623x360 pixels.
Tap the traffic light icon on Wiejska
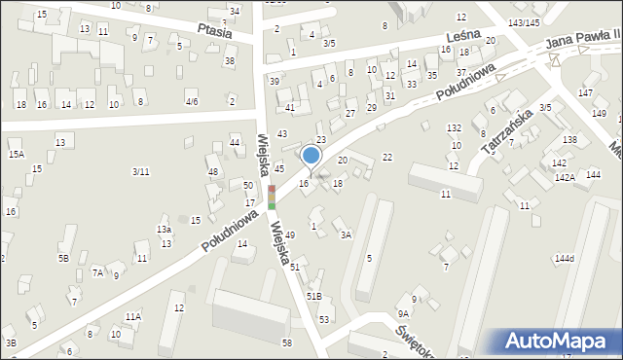tap(272, 197)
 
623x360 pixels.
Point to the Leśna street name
tap(464, 32)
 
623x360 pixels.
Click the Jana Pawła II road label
tap(582, 38)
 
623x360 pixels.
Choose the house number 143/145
tap(525, 22)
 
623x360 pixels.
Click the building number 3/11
tap(140, 172)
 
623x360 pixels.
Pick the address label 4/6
tap(192, 101)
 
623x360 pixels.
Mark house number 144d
tap(565, 258)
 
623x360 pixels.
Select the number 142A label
tap(565, 177)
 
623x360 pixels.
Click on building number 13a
tap(165, 230)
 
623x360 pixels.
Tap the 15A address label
tap(16, 154)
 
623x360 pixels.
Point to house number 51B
tap(313, 296)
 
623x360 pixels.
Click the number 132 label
tap(454, 128)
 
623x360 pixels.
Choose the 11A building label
tap(132, 316)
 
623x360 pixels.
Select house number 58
tap(286, 342)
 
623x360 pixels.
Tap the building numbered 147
tap(585, 92)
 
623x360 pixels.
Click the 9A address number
tap(402, 314)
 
